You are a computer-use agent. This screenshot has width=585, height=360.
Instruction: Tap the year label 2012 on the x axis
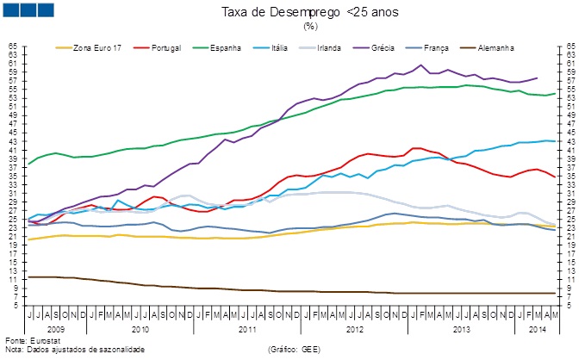click(x=354, y=329)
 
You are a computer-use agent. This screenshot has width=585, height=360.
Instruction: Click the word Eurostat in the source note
click(x=38, y=341)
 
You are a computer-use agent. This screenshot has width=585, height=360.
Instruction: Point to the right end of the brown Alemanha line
click(x=556, y=294)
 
